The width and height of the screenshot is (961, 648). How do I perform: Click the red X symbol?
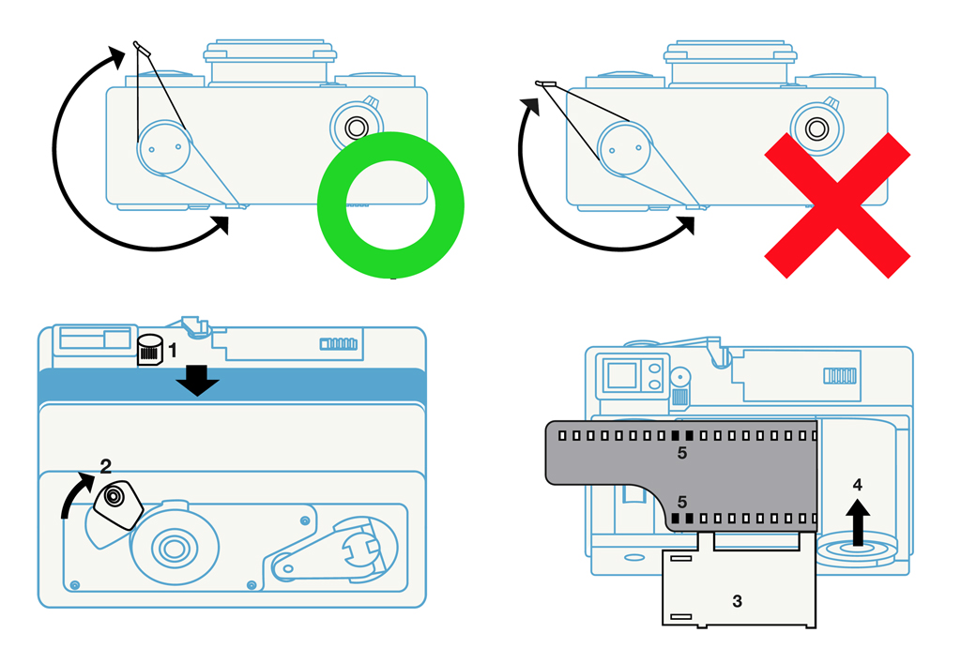tap(837, 204)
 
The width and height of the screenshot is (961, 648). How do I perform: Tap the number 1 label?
tap(173, 352)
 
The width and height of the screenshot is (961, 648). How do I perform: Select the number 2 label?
tap(106, 465)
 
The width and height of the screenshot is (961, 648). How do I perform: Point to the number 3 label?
tap(738, 600)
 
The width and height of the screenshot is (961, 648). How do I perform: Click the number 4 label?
tap(857, 485)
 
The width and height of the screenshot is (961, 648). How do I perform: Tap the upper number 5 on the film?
tap(682, 453)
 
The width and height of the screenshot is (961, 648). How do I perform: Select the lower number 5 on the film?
tap(682, 502)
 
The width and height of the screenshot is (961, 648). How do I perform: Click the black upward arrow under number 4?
tap(857, 521)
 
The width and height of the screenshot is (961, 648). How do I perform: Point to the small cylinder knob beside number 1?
tap(148, 350)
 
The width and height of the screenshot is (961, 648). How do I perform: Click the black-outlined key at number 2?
tap(118, 504)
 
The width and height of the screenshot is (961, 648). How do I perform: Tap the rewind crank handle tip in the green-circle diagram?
tap(140, 46)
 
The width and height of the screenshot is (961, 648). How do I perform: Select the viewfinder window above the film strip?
tap(620, 375)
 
